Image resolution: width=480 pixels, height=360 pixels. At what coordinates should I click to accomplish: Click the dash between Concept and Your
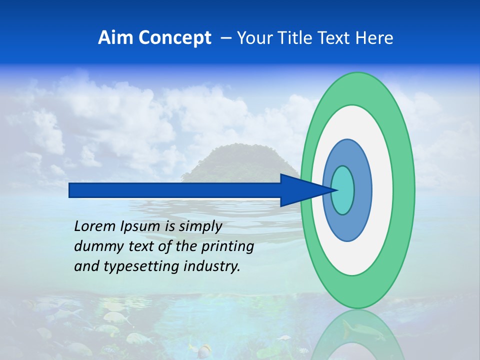(x=225, y=38)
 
